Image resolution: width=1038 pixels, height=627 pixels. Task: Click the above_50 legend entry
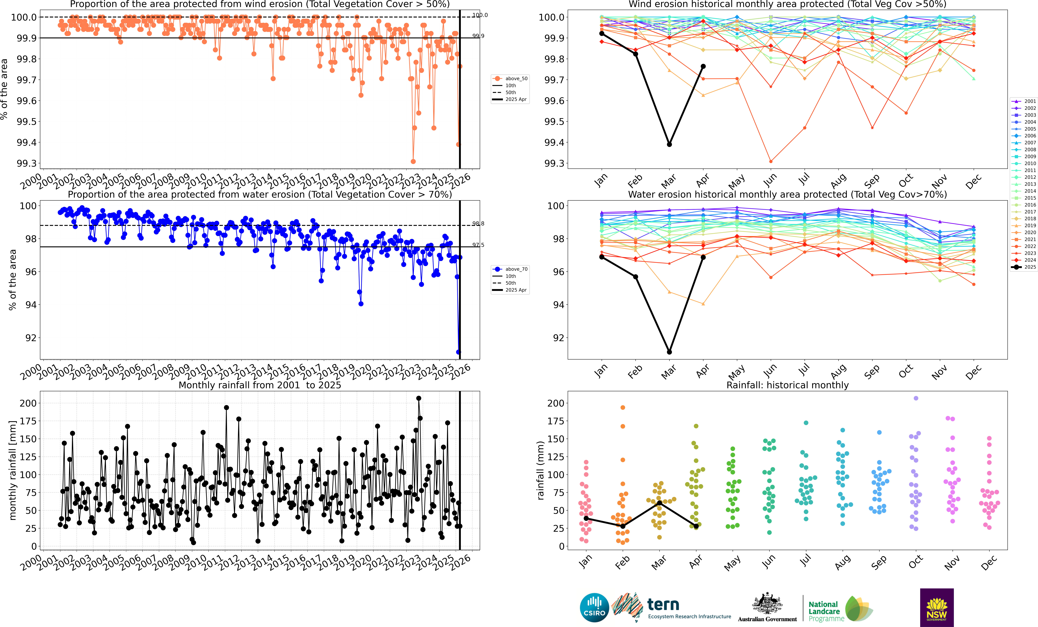[x=511, y=78]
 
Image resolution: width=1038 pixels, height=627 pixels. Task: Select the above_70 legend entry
[x=511, y=269]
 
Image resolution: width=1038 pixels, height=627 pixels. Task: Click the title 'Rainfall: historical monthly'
[x=787, y=385]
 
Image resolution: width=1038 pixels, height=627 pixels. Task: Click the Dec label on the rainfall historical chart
[x=988, y=563]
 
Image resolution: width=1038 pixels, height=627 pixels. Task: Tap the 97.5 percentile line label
[x=478, y=245]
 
